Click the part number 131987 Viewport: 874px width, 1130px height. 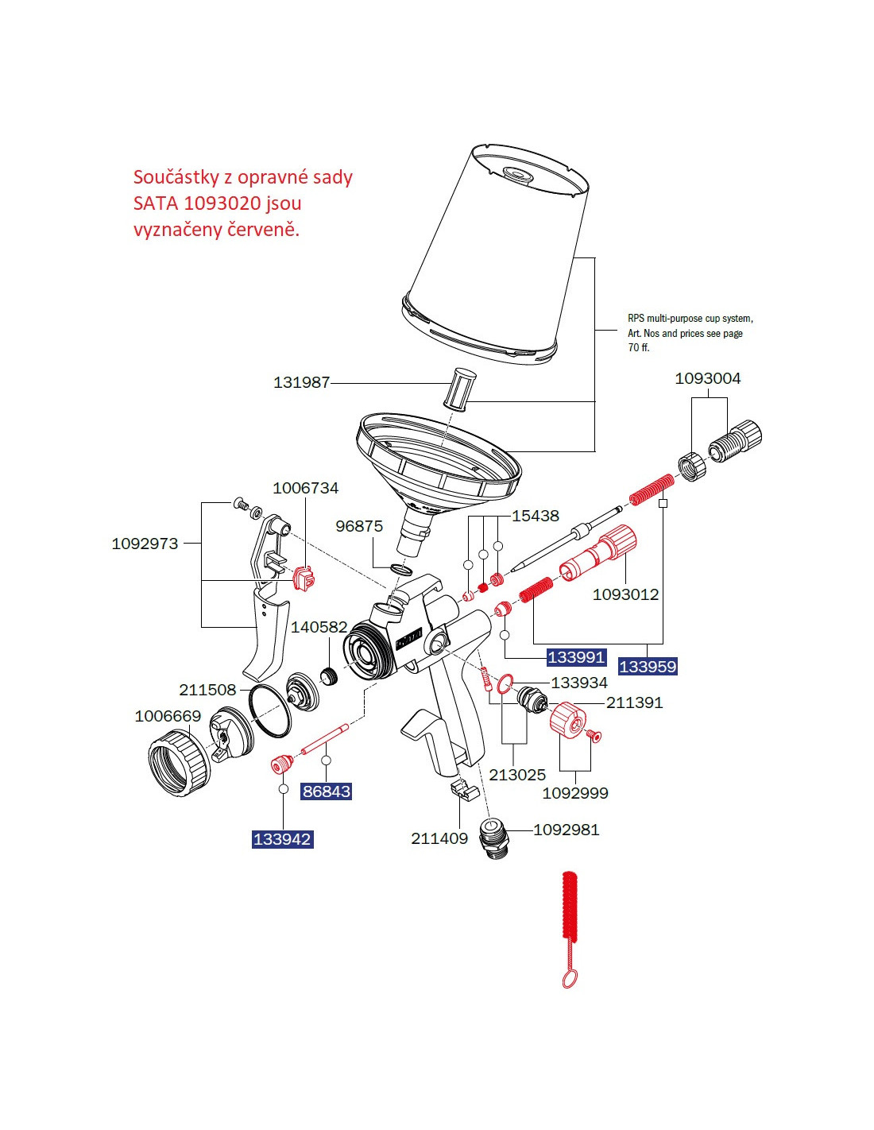tap(301, 382)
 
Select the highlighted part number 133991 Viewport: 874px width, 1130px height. tap(577, 657)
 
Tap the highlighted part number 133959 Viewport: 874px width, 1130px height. tap(648, 667)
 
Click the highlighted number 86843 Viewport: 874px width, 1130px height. tap(327, 791)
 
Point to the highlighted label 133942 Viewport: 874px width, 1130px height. tap(282, 839)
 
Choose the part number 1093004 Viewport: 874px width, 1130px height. tap(707, 378)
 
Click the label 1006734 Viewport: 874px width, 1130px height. tap(305, 488)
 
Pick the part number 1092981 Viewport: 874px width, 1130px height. tap(566, 830)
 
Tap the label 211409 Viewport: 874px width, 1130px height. tap(439, 838)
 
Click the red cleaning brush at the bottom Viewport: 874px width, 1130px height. tap(569, 914)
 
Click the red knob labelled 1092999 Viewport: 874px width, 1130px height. tap(567, 720)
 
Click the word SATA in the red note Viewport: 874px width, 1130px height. tap(156, 203)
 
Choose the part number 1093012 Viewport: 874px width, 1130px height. tap(625, 594)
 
